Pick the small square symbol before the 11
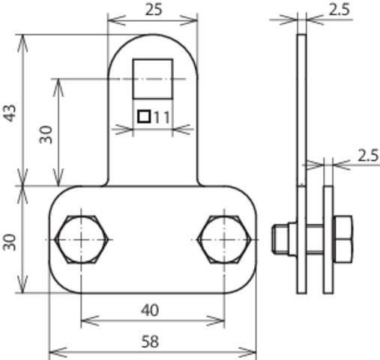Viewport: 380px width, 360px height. [145, 116]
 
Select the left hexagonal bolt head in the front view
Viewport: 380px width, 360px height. [81, 238]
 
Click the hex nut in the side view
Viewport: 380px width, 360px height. [343, 238]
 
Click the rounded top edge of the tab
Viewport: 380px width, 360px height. [154, 35]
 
